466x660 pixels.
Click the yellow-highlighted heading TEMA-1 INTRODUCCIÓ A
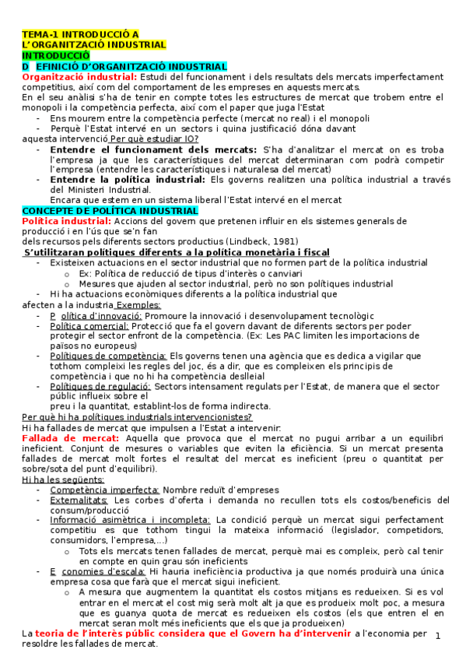point(81,34)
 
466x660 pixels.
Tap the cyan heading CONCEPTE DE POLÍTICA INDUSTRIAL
point(110,211)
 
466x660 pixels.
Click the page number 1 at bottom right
point(438,636)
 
